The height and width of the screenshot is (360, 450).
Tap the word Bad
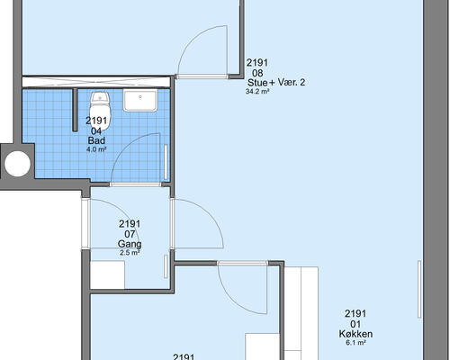(x=96, y=141)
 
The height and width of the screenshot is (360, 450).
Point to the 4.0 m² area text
(x=96, y=150)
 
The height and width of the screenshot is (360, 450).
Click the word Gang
(x=130, y=244)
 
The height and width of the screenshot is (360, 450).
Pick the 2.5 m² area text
(x=130, y=253)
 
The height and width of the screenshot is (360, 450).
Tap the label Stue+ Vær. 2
(x=275, y=82)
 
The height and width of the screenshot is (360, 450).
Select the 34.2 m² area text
(x=258, y=91)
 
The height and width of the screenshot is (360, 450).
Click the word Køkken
(x=356, y=333)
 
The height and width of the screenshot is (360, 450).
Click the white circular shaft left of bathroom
(x=16, y=163)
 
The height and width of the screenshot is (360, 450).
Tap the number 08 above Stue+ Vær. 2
(x=257, y=73)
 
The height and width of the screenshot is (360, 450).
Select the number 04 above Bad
(x=96, y=130)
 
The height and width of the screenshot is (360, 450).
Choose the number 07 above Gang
(x=130, y=234)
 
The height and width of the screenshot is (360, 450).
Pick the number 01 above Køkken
(x=356, y=323)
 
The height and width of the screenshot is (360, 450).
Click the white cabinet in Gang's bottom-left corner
(x=107, y=274)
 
